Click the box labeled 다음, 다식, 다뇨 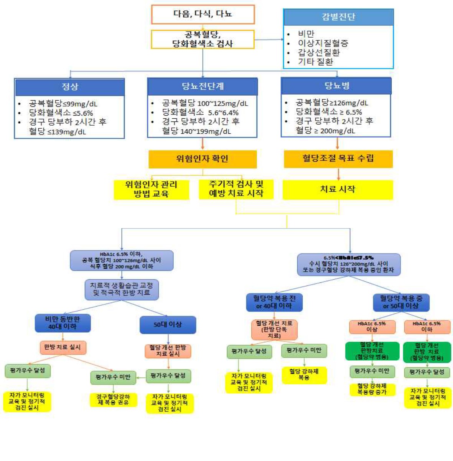coord(203,14)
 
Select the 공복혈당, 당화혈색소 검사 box coord(203,40)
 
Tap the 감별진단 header coord(338,17)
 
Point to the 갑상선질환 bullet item coord(319,52)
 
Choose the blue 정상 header coord(69,87)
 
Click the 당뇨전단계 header coord(202,86)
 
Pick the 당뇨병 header coord(336,86)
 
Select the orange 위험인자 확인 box coord(202,159)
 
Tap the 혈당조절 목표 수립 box coord(338,158)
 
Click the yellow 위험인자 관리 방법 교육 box coord(151,189)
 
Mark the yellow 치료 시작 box coord(338,189)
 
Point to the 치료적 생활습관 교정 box coord(121,289)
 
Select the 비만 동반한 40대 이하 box coord(63,323)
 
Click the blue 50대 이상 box coord(168,325)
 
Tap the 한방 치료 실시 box coord(63,347)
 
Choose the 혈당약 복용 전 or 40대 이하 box coord(274,302)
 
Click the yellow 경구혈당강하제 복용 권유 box coord(113,400)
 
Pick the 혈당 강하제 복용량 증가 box coord(372,389)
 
